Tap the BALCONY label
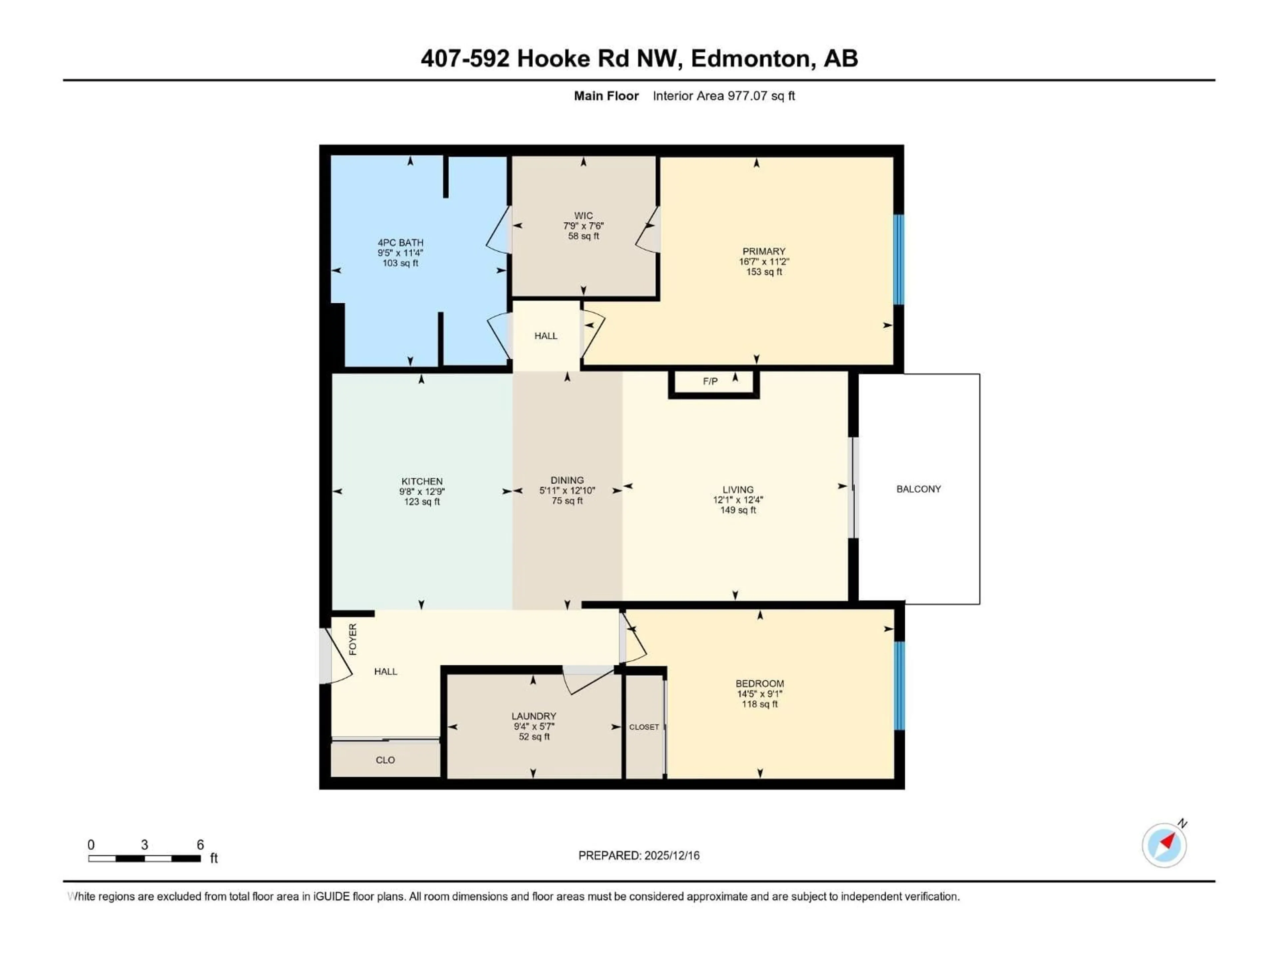pos(918,489)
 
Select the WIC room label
pos(584,216)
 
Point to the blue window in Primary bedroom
pos(899,259)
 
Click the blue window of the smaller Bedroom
pos(899,686)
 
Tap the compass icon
pos(1164,845)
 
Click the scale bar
pos(145,858)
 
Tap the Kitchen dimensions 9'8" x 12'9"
pos(422,492)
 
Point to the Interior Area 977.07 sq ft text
pos(723,96)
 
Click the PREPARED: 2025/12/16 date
pos(639,855)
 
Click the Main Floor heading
pos(606,96)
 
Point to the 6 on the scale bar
pos(200,844)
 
